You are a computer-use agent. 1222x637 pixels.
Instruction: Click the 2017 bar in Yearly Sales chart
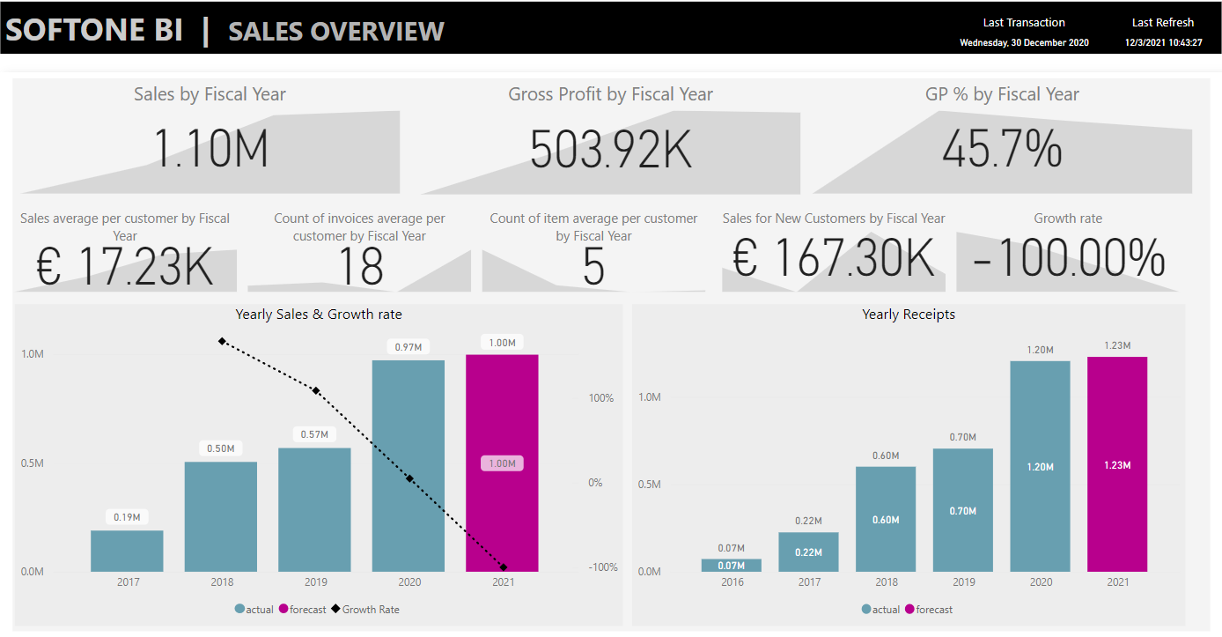point(127,551)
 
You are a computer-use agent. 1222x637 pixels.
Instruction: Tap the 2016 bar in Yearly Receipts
point(732,566)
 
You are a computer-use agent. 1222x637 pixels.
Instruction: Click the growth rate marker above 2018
point(222,341)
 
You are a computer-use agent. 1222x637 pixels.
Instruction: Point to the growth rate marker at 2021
point(503,567)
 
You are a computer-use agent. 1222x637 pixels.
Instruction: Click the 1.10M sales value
point(210,148)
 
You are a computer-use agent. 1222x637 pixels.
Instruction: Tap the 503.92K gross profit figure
point(610,148)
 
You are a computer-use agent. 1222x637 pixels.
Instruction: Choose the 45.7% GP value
point(1002,148)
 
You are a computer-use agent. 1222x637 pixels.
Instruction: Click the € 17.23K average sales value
point(125,266)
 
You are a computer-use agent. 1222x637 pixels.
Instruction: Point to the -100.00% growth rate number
point(1068,260)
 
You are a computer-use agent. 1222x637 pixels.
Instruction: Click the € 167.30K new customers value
point(833,260)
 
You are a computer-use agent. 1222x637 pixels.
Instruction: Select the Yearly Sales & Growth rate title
point(319,315)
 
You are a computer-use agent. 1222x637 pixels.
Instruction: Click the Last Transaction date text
point(1024,42)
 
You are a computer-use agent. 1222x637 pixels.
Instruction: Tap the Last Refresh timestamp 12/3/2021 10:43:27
point(1163,42)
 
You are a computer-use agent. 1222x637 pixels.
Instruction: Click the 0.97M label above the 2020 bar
point(409,347)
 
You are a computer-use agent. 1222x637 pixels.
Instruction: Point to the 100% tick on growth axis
point(601,398)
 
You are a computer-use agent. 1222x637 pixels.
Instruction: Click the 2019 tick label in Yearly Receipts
point(964,582)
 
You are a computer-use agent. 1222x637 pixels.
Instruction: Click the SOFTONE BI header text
point(94,30)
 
